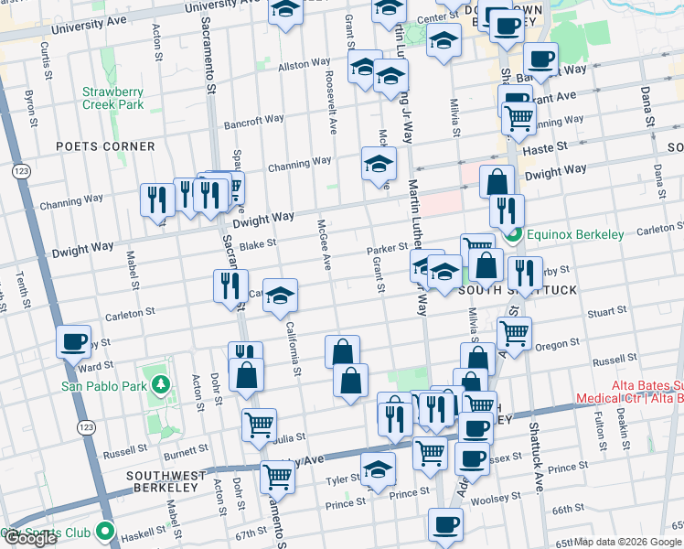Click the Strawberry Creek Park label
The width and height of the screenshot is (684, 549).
pos(112,98)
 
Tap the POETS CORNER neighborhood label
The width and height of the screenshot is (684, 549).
pos(104,146)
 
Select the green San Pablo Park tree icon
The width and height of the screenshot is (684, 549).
pos(161,385)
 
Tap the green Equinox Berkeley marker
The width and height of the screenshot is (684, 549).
pos(515,235)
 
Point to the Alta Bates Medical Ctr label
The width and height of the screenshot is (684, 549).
pos(630,393)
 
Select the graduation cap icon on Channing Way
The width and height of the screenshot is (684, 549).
pos(379,165)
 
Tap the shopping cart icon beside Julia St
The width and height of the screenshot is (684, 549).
pos(259,424)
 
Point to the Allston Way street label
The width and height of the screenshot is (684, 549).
pos(304,65)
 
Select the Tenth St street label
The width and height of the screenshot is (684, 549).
pos(22,287)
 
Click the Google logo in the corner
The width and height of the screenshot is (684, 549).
pos(30,538)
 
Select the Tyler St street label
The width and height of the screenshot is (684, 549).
pos(345,479)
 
